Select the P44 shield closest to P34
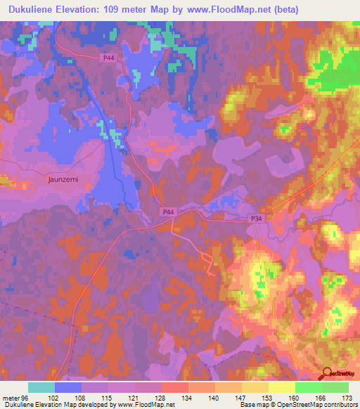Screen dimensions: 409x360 tap(168, 210)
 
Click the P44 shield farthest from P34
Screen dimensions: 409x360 tap(108, 58)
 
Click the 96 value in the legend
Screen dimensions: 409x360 tap(27, 397)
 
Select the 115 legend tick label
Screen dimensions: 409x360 tap(107, 397)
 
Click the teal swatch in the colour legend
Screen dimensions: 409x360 tap(41, 387)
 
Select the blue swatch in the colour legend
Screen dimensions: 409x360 tap(68, 387)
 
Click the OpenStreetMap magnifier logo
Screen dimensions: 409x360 tap(327, 375)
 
